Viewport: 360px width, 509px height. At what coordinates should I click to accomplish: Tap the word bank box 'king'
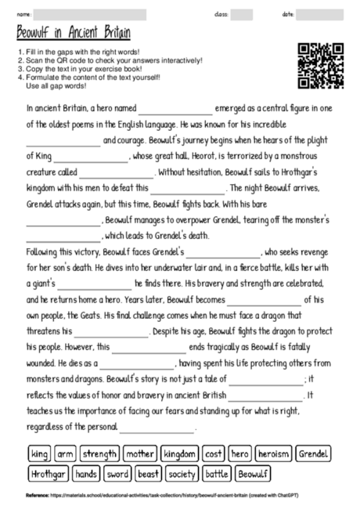point(38,454)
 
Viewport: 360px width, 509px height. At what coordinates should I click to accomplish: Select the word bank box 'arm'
point(65,454)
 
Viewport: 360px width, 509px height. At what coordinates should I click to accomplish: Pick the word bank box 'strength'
point(99,454)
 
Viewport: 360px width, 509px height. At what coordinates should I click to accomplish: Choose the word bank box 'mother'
point(140,454)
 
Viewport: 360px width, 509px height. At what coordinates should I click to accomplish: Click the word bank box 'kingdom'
point(180,454)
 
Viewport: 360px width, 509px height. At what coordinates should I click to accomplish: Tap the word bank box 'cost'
point(214,454)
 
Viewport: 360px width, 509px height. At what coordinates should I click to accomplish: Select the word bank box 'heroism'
point(274,454)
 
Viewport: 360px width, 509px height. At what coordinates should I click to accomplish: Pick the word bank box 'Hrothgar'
point(48,474)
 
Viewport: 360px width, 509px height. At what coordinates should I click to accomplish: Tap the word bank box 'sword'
point(117,474)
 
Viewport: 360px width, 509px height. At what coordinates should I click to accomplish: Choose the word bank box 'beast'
point(148,474)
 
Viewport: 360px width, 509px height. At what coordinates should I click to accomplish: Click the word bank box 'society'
point(182,474)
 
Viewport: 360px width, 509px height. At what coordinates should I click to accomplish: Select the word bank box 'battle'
point(217,474)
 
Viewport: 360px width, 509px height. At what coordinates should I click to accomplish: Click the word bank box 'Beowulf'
point(253,474)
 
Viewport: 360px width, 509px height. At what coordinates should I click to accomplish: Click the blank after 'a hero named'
point(175,110)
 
